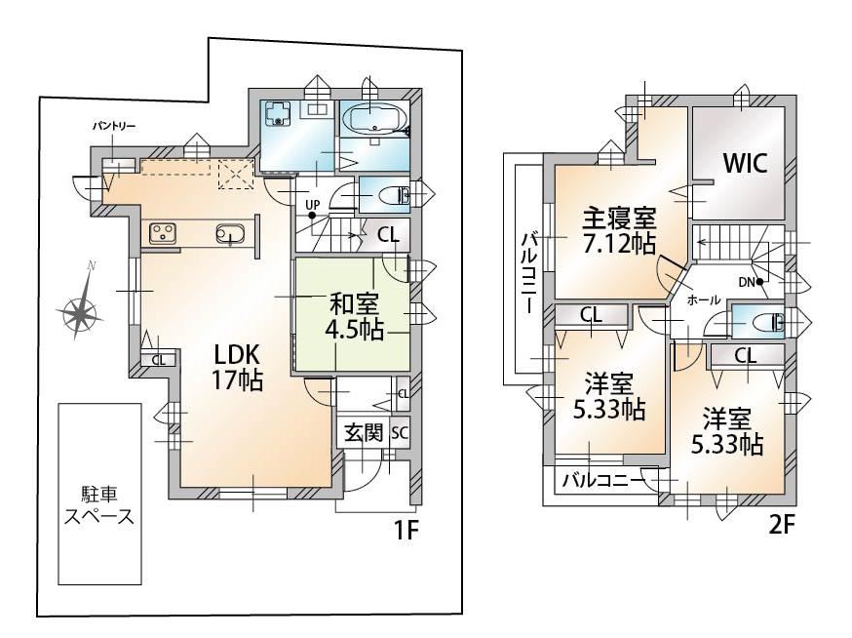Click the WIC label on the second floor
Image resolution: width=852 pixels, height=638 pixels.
[x=746, y=163]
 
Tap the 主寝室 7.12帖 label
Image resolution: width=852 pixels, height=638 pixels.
[x=619, y=232]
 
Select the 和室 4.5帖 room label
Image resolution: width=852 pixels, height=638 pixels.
[x=354, y=316]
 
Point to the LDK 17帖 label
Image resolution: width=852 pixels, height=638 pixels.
[x=238, y=368]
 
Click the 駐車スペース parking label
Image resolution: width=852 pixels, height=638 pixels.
[x=99, y=505]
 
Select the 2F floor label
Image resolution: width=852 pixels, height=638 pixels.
[x=782, y=526]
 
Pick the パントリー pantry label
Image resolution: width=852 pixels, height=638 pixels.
[x=113, y=127]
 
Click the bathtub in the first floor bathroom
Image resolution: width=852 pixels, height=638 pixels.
[x=375, y=118]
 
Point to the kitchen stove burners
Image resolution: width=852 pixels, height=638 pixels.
[x=161, y=234]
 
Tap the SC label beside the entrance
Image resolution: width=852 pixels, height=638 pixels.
[x=400, y=433]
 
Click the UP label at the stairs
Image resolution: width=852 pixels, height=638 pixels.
[x=313, y=205]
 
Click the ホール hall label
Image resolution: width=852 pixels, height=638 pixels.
[x=704, y=299]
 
